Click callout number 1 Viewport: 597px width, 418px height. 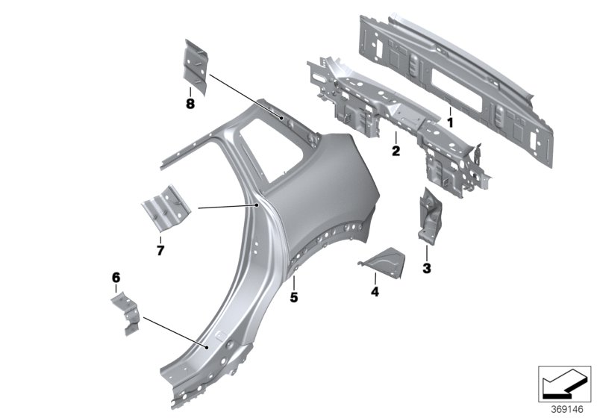pyautogui.click(x=450, y=120)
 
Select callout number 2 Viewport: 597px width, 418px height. pyautogui.click(x=396, y=151)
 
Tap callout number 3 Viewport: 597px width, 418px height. pyautogui.click(x=427, y=268)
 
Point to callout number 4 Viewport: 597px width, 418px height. pyautogui.click(x=375, y=293)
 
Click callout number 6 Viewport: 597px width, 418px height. pyautogui.click(x=116, y=277)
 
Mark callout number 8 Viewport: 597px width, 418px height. pyautogui.click(x=190, y=104)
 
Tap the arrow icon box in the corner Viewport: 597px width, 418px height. pyautogui.click(x=564, y=384)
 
